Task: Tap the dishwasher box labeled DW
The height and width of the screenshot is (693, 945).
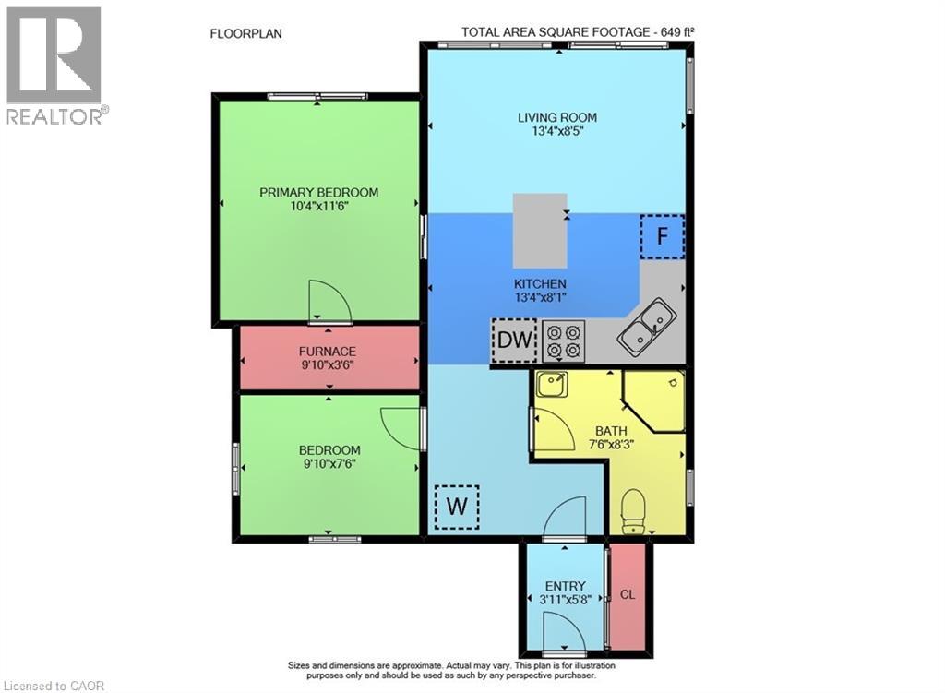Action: [x=514, y=340]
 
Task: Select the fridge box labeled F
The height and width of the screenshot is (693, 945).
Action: [x=662, y=235]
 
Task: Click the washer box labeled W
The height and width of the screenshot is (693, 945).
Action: [x=457, y=507]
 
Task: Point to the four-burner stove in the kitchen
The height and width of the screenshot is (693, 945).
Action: [x=564, y=340]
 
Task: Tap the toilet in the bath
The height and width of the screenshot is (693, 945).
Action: [x=634, y=512]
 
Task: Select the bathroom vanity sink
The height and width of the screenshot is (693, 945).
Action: [x=553, y=384]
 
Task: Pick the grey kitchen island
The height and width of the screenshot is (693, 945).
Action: [x=540, y=230]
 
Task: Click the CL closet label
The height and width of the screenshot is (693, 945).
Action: [x=628, y=594]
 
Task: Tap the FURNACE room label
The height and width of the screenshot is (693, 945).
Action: [x=327, y=352]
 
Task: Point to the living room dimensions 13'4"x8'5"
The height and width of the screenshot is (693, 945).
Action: [x=556, y=131]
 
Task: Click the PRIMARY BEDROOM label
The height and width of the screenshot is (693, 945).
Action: [x=318, y=192]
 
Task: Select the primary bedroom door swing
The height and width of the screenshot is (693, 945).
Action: [x=329, y=305]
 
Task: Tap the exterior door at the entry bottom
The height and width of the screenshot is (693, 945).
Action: [x=563, y=636]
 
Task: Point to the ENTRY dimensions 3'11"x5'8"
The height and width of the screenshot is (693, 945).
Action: [x=566, y=600]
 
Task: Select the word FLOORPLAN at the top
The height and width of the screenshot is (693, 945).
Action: [x=246, y=33]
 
